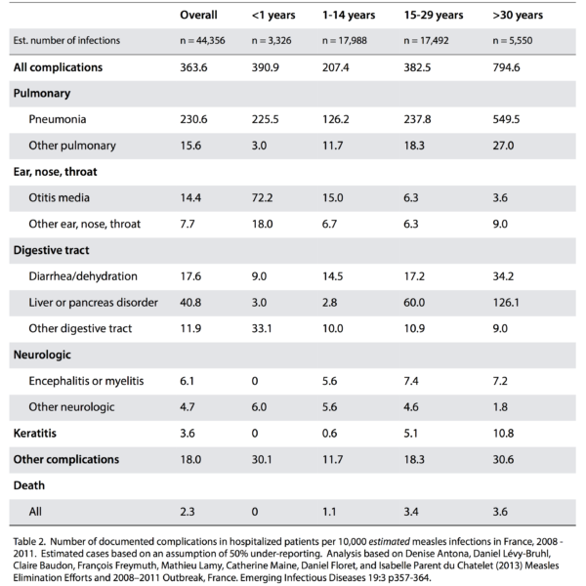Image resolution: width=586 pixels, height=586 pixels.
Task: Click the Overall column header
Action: pyautogui.click(x=198, y=15)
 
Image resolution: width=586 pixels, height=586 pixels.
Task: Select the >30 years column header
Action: pyautogui.click(x=518, y=15)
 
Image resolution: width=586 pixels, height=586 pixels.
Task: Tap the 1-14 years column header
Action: pyautogui.click(x=349, y=15)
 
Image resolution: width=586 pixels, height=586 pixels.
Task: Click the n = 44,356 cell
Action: pyautogui.click(x=202, y=40)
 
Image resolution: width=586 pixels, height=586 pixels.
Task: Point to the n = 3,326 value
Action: pyautogui.click(x=272, y=40)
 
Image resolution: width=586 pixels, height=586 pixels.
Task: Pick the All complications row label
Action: pyautogui.click(x=58, y=67)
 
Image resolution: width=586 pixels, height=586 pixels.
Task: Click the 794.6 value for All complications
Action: pyautogui.click(x=506, y=67)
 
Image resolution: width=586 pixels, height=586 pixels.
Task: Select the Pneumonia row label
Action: pyautogui.click(x=58, y=119)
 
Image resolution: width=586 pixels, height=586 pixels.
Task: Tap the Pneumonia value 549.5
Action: pyautogui.click(x=506, y=119)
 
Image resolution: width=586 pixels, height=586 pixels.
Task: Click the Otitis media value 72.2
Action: pyautogui.click(x=262, y=197)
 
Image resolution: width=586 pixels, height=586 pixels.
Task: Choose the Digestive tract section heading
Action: pyautogui.click(x=51, y=250)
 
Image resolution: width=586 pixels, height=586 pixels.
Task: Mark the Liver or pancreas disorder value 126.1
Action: pyautogui.click(x=506, y=303)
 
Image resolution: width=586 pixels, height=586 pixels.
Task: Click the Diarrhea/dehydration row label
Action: pyautogui.click(x=83, y=276)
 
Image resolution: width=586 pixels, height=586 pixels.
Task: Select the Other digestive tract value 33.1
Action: pyautogui.click(x=262, y=328)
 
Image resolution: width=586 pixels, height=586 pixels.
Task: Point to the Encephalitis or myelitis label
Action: pyautogui.click(x=86, y=381)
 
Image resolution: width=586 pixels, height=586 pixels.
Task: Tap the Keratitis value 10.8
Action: pyautogui.click(x=503, y=433)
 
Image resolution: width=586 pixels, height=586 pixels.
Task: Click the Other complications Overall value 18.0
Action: pyautogui.click(x=190, y=459)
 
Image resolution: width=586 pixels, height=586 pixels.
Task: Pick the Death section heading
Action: pyautogui.click(x=28, y=485)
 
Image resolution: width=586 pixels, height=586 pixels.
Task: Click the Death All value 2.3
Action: pyautogui.click(x=188, y=512)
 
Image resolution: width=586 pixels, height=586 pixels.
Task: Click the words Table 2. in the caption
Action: pyautogui.click(x=29, y=541)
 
